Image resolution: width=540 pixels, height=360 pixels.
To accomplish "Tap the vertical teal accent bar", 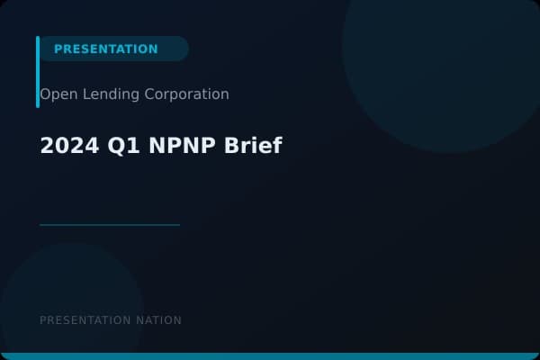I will [38, 72].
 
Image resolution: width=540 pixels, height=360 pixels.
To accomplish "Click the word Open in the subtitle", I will [55, 94].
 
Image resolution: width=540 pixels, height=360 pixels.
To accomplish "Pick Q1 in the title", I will [110, 146].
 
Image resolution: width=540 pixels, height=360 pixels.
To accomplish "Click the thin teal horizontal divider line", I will [110, 224].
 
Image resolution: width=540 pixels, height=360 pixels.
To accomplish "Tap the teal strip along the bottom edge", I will [270, 356].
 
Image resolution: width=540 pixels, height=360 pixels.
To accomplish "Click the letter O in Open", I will [45, 94].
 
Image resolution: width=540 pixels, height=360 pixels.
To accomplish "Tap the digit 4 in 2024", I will [79, 146].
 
